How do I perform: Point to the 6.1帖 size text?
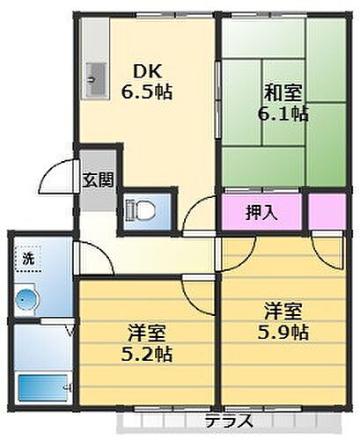coord(283,112)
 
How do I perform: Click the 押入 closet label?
coord(259,213)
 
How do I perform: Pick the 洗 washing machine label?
coord(28,260)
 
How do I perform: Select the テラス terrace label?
coord(231,420)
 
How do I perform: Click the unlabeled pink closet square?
coord(328,212)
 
